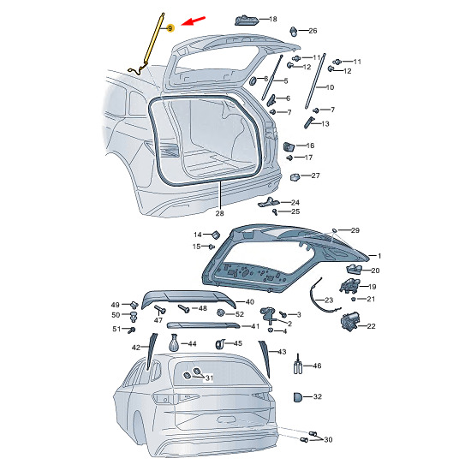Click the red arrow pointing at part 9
point(194,21)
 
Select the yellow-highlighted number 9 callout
point(170,28)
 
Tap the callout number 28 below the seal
point(219,213)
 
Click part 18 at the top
point(247,21)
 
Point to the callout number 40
point(249,301)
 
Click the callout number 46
point(317,366)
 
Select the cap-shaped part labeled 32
point(298,396)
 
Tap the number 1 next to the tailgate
point(379,256)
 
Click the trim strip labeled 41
point(203,325)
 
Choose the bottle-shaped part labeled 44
point(174,342)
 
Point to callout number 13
point(325,124)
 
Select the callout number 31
point(209,378)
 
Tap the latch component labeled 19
point(349,286)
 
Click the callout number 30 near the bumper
point(328,439)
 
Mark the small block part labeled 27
point(295,176)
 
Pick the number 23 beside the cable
point(329,300)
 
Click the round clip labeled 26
point(294,32)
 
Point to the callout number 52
point(240,314)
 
